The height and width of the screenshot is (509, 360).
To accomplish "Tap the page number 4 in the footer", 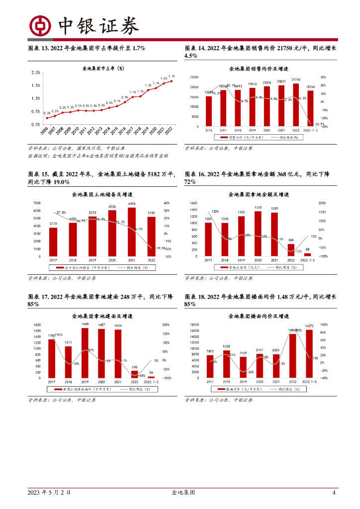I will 334,493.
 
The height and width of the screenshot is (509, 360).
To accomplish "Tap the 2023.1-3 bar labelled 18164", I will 310,108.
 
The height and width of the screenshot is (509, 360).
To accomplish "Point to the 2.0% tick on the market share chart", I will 36,73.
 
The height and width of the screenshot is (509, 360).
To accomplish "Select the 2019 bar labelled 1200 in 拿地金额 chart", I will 241,236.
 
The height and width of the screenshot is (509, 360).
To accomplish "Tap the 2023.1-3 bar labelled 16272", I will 309,353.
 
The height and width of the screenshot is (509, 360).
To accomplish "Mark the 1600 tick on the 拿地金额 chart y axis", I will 194,203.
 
